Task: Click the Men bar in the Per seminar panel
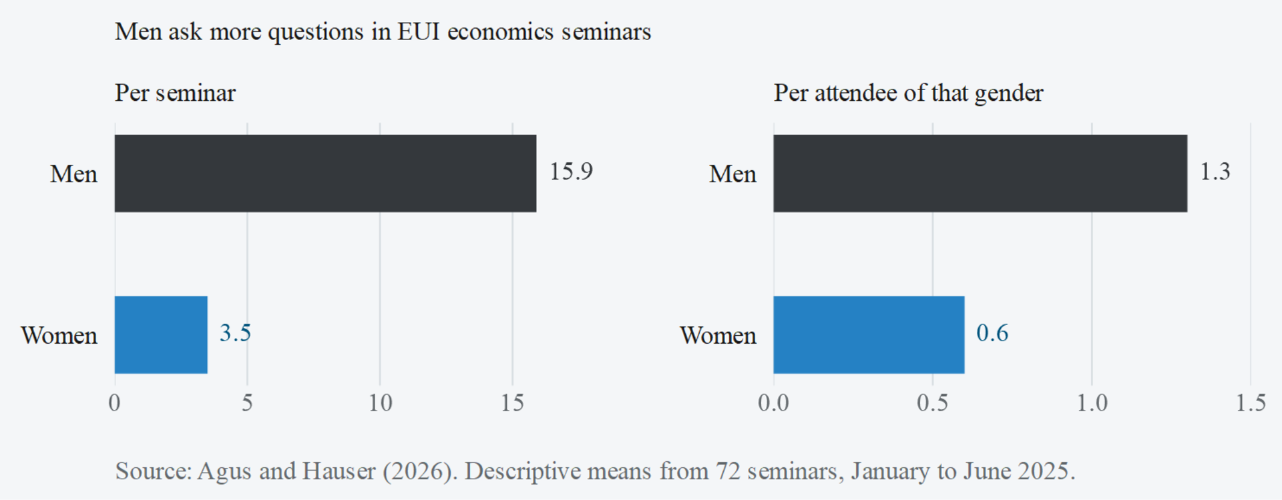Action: point(325,174)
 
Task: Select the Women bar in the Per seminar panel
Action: point(161,334)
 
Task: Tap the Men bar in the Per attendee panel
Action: point(980,174)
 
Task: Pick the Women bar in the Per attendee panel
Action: point(869,334)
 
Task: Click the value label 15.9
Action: point(571,172)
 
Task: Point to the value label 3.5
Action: point(236,332)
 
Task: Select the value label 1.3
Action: point(1215,172)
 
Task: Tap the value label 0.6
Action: point(992,332)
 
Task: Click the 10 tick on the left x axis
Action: point(381,403)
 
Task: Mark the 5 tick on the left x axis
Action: point(248,403)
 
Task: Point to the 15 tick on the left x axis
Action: point(513,403)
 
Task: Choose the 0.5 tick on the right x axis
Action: point(932,403)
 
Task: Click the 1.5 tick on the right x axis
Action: point(1251,403)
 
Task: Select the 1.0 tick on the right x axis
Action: point(1092,403)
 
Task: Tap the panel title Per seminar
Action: point(175,93)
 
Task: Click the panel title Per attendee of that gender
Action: point(908,93)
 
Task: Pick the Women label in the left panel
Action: point(59,335)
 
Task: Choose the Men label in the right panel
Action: point(732,174)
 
